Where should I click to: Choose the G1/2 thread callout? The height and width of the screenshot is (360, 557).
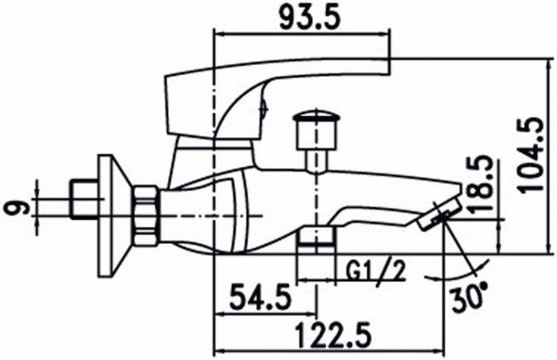coord(375,271)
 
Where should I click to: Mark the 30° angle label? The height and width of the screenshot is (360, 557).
coord(469,297)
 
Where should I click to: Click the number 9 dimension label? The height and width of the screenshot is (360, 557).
coord(17,207)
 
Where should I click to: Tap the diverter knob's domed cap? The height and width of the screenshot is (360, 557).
coord(315,117)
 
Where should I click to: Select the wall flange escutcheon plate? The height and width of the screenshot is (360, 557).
coord(113,216)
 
